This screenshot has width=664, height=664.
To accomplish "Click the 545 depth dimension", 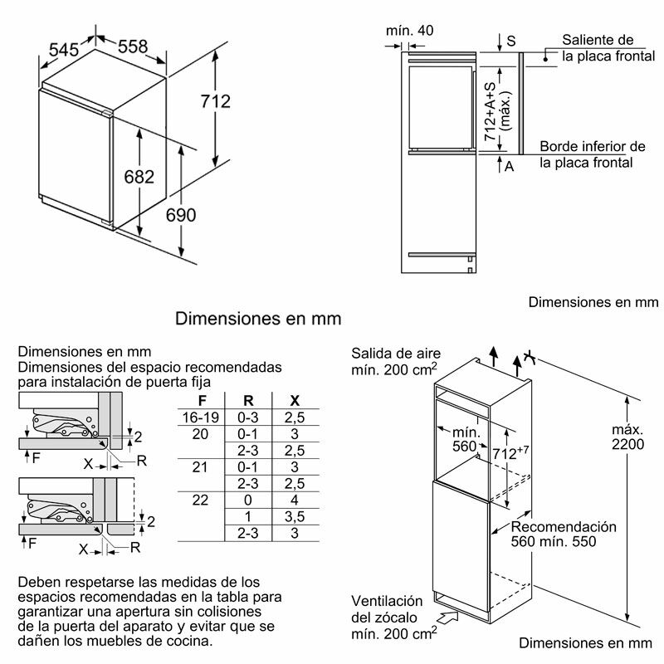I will [x=63, y=50].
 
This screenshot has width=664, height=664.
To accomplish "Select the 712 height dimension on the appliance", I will [x=216, y=101].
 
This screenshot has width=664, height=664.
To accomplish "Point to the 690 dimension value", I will [x=180, y=215].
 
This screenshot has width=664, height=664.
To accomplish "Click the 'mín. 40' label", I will [x=410, y=31].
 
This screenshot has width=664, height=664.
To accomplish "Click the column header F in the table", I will [x=199, y=399].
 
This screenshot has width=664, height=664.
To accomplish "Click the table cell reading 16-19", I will [x=199, y=417].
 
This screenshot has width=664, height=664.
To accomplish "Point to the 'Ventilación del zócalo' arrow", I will [x=447, y=618].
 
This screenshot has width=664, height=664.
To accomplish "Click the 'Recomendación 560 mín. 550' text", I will [x=564, y=535].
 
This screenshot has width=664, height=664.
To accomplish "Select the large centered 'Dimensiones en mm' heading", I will [x=258, y=318].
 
